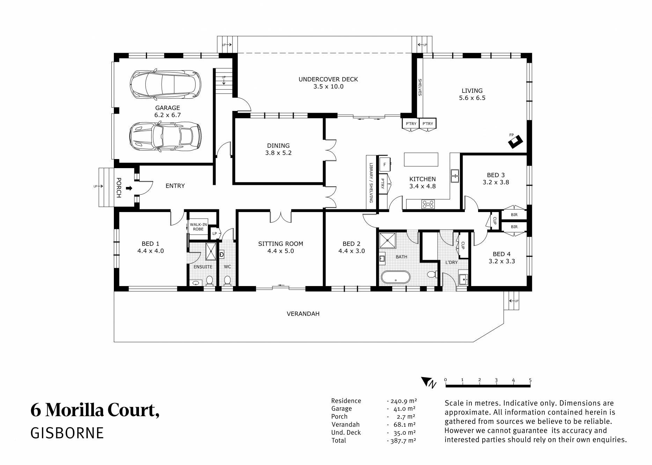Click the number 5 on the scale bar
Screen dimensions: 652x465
(x=530, y=380)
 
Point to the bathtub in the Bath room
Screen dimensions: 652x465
(x=396, y=277)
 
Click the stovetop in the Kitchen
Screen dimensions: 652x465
(x=428, y=204)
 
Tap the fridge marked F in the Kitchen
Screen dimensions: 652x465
(x=385, y=164)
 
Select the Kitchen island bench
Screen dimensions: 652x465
(x=421, y=159)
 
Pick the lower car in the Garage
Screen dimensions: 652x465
(x=165, y=137)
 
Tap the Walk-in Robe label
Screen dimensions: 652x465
(x=198, y=227)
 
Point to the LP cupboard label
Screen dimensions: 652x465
(x=214, y=233)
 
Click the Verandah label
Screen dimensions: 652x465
(x=303, y=314)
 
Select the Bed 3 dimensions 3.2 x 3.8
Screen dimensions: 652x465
(x=496, y=182)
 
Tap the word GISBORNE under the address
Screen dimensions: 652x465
(x=67, y=433)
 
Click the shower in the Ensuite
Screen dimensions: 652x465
(x=211, y=251)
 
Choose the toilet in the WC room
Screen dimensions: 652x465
(x=227, y=280)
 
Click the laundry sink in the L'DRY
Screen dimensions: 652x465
(x=463, y=279)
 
